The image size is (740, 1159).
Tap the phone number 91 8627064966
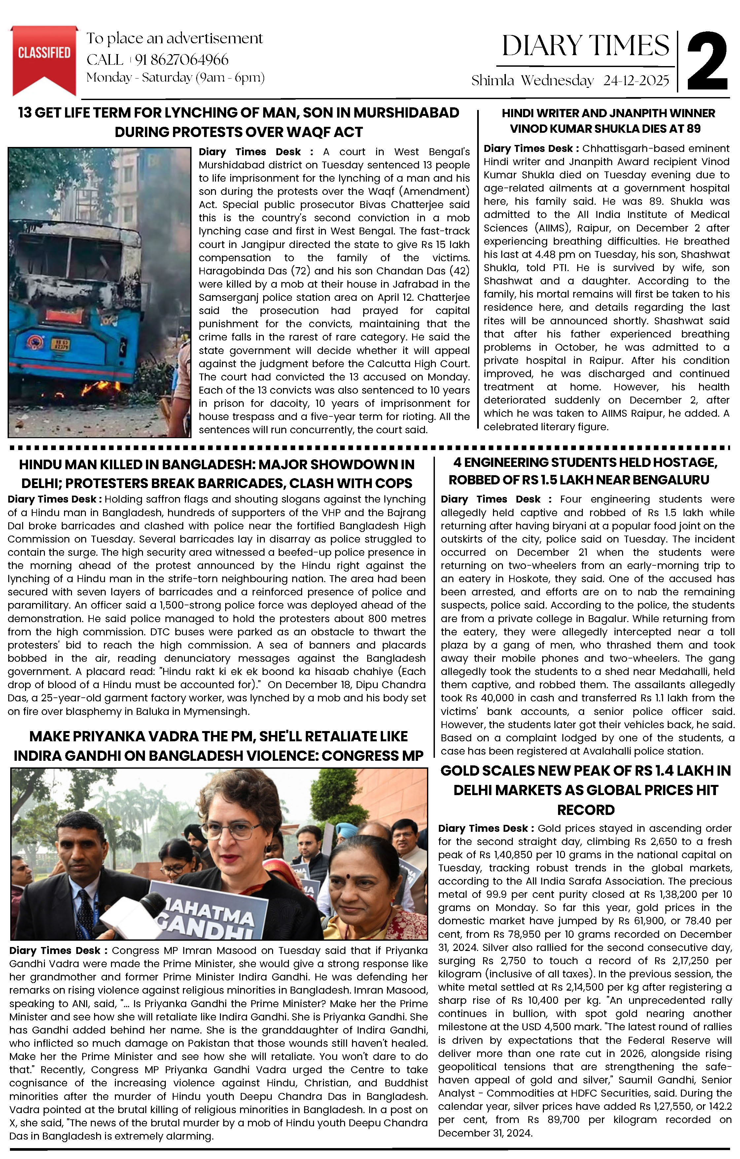pos(182,60)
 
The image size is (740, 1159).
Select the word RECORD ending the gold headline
pos(585,810)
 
